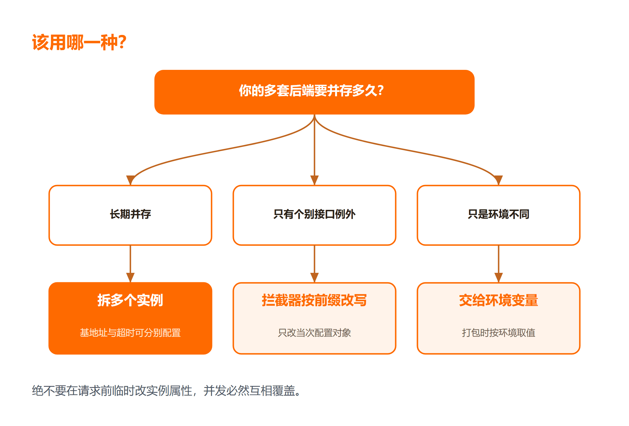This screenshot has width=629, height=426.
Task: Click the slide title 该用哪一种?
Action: point(79,42)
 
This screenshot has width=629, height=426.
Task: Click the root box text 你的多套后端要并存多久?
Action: point(311,90)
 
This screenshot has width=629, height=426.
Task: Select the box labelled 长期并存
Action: point(130,215)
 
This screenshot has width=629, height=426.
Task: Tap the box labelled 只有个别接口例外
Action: point(314,215)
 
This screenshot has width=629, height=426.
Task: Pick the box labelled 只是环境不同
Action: point(499,215)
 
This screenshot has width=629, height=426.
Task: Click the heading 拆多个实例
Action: point(130,300)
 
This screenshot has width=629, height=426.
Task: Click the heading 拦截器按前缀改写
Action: point(314,300)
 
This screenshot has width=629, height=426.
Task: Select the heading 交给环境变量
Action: point(499,300)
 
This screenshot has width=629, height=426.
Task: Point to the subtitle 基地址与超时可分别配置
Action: point(130,333)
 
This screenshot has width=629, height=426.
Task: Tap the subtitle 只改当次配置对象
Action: point(314,333)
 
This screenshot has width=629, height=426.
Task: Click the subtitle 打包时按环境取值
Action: point(499,333)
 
